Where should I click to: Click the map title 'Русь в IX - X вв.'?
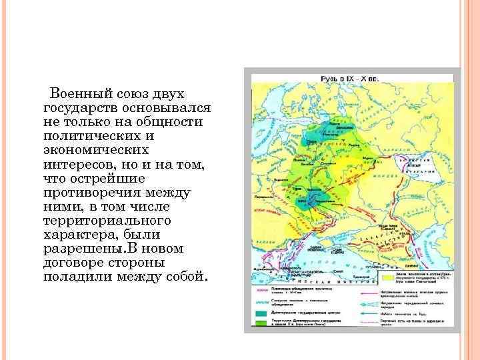pos(350,78)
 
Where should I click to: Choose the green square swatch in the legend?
pos(257,322)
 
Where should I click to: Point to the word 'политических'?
pos(94,136)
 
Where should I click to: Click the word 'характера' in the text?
pos(75,234)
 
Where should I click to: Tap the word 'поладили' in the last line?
pos(75,276)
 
